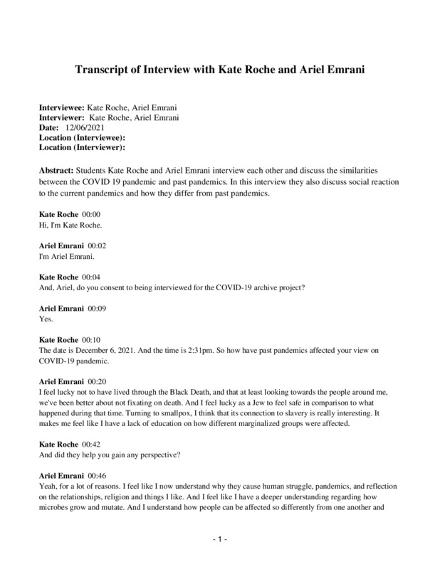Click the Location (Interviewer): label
(x=82, y=147)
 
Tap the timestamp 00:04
(x=91, y=276)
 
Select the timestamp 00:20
(x=98, y=381)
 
